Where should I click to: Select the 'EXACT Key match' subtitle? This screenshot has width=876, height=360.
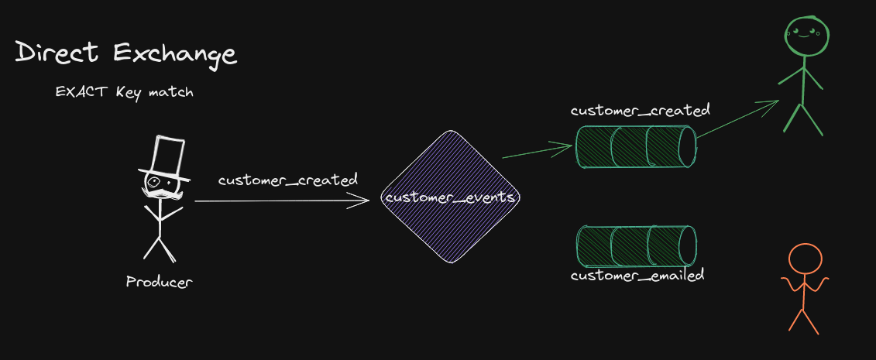tap(124, 92)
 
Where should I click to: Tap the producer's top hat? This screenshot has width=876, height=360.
tap(166, 158)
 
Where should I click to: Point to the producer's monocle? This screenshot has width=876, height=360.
tap(153, 181)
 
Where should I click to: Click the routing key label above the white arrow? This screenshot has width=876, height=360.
tap(287, 180)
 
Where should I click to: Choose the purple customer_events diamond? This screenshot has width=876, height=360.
tap(450, 197)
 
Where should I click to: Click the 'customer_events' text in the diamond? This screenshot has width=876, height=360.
tap(450, 197)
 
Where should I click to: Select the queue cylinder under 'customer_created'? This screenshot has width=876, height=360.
tap(637, 147)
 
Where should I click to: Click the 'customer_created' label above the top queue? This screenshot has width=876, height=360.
tap(641, 110)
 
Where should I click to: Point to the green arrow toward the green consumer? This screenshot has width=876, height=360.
tap(738, 118)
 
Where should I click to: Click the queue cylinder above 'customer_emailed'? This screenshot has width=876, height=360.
tap(637, 247)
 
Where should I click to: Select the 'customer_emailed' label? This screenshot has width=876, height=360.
tap(637, 275)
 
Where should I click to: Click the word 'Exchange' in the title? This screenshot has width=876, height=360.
tap(175, 55)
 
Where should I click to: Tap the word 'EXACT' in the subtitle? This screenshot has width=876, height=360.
tap(83, 92)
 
